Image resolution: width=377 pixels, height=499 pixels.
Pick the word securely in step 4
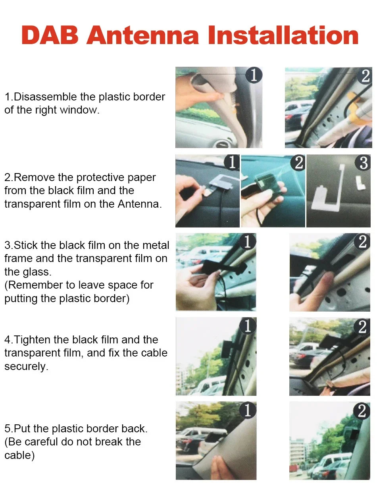pyautogui.click(x=25, y=366)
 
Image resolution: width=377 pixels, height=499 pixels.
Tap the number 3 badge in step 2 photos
pyautogui.click(x=364, y=163)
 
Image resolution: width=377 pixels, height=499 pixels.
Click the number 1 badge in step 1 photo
pyautogui.click(x=254, y=75)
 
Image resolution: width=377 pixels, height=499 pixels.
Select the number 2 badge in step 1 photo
pyautogui.click(x=365, y=75)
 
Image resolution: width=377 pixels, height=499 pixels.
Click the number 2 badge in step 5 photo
pyautogui.click(x=362, y=411)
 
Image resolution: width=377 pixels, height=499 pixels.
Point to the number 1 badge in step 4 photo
pyautogui.click(x=248, y=326)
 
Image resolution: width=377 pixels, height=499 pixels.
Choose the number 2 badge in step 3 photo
pyautogui.click(x=362, y=242)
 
